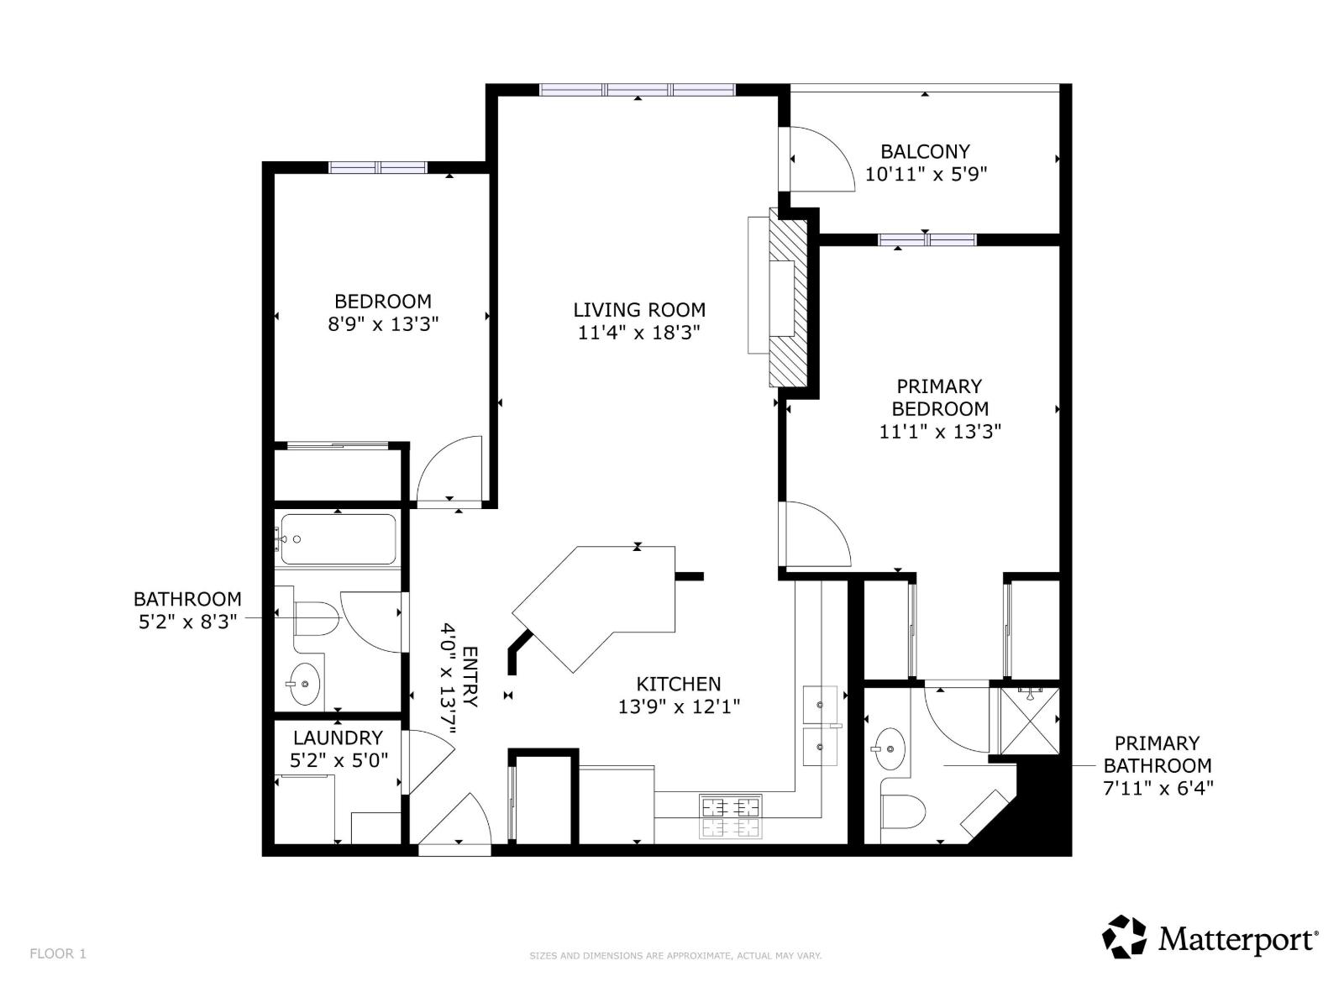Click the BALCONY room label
pyautogui.click(x=925, y=152)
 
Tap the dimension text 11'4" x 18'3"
pyautogui.click(x=638, y=333)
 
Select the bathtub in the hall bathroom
pyautogui.click(x=338, y=539)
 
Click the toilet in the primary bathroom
pyautogui.click(x=903, y=811)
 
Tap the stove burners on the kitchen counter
pyautogui.click(x=730, y=817)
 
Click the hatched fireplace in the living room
pyautogui.click(x=788, y=301)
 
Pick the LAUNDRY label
pyautogui.click(x=338, y=738)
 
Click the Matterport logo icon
pyautogui.click(x=1124, y=937)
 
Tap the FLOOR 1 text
pyautogui.click(x=58, y=953)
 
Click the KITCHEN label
pyautogui.click(x=678, y=685)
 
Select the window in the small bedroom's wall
pyautogui.click(x=378, y=167)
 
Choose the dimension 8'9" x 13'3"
pyautogui.click(x=383, y=324)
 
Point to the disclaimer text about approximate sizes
pyautogui.click(x=675, y=956)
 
